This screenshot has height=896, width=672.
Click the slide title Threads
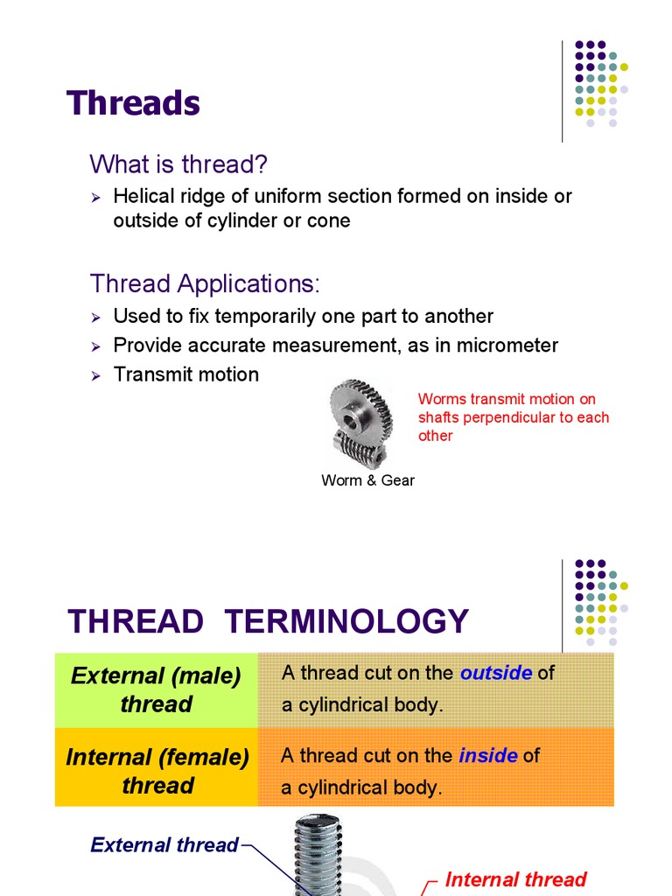coord(134,103)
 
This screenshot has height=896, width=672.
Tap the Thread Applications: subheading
coord(206,283)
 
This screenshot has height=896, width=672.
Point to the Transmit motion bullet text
coord(186,374)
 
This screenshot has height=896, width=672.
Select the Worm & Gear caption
coord(367,480)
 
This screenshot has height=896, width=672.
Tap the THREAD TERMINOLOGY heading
coord(269,621)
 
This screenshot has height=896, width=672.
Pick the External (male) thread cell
coord(156,689)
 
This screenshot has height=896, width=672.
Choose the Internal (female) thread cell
coord(157,771)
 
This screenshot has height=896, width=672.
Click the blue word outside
coord(496,673)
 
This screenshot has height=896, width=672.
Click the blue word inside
coord(488,755)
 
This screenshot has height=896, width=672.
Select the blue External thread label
coord(164,844)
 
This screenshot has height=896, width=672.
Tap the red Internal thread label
coord(515,879)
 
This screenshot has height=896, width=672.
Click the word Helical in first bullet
coord(141,196)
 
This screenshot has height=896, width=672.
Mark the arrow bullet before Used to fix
coord(97,317)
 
